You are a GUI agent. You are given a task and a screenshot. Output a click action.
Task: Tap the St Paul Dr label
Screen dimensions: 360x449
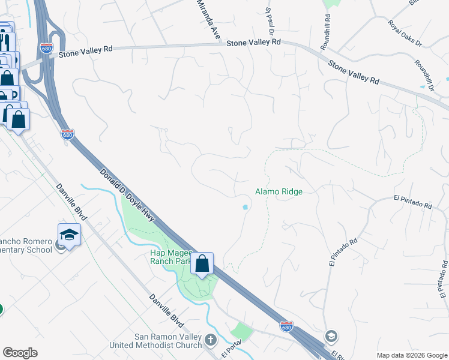coord(270,21)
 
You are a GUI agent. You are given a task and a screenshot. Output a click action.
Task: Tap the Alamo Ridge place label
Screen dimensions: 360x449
coord(279,191)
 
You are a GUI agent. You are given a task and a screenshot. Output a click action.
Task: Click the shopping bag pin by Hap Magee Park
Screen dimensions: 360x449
coord(202,263)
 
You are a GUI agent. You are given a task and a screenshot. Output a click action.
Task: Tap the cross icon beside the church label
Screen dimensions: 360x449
coord(210,340)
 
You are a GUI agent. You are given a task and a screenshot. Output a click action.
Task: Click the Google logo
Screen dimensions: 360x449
coord(20,353)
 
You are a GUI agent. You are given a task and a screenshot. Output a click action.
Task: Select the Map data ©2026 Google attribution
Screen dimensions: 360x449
coord(411,355)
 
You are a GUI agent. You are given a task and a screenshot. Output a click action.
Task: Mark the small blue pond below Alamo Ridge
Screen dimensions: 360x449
coord(245,208)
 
